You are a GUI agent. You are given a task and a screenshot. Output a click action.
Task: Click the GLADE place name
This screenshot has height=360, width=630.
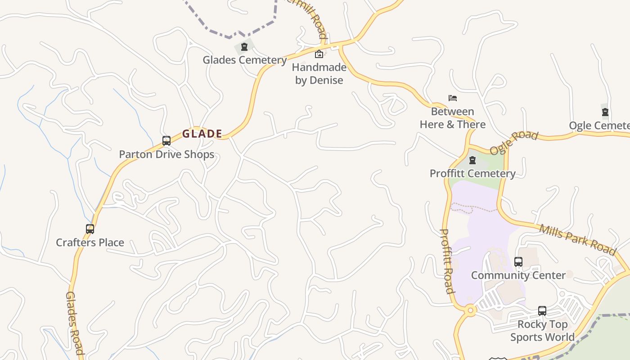(202, 134)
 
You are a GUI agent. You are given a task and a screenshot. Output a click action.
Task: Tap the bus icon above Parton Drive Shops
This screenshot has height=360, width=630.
(166, 141)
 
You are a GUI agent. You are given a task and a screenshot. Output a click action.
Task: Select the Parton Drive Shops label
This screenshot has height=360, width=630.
(166, 154)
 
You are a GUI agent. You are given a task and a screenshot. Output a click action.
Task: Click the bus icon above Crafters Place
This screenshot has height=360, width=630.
(90, 229)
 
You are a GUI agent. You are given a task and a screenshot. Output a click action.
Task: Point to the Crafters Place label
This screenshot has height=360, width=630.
(90, 243)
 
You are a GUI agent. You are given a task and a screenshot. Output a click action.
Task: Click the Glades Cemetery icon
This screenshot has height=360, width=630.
(244, 47)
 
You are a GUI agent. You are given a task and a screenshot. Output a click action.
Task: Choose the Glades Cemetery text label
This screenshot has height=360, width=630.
(244, 60)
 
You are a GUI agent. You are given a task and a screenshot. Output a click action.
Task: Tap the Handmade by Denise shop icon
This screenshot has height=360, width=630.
(319, 54)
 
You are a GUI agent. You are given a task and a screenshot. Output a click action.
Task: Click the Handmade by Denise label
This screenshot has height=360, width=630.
(319, 74)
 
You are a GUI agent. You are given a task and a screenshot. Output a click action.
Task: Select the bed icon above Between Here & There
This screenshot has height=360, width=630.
(453, 98)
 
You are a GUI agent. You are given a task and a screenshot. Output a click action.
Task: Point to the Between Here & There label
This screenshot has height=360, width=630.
(453, 118)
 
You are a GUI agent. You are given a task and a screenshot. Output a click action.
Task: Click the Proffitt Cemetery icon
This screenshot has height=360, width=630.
(472, 160)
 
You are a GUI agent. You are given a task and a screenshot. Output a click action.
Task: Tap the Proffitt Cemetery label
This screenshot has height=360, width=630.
(472, 173)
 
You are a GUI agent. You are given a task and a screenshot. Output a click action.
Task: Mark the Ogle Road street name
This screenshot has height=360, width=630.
(513, 143)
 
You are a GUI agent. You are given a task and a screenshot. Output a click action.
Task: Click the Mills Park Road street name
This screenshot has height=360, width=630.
(577, 239)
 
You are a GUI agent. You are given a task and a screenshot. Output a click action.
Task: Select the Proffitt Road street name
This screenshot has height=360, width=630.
(446, 261)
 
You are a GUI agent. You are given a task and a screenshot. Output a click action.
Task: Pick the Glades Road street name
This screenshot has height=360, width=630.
(74, 322)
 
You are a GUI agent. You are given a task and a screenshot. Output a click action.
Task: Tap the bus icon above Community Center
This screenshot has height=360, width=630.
(518, 262)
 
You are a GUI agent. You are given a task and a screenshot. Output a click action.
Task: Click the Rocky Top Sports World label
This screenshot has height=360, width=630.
(542, 331)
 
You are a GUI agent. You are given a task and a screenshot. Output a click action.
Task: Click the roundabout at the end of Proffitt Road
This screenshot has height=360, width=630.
(471, 310)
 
